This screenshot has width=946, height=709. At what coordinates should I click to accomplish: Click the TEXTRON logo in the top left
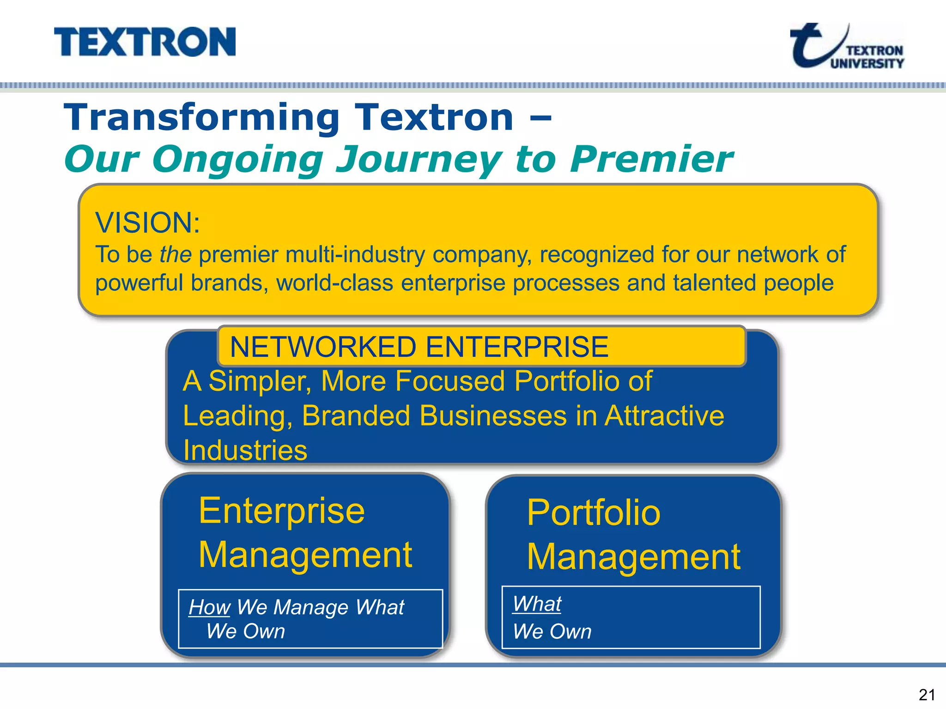click(x=145, y=42)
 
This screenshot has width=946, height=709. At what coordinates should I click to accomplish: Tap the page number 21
click(x=927, y=694)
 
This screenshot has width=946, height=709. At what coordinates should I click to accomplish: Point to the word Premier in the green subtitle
click(x=651, y=159)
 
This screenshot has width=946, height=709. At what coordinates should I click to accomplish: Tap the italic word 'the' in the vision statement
click(x=175, y=254)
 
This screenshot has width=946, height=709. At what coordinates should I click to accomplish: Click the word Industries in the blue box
click(x=245, y=450)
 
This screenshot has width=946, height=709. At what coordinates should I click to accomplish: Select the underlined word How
click(x=209, y=607)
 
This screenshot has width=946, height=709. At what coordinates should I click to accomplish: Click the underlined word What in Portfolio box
click(x=537, y=604)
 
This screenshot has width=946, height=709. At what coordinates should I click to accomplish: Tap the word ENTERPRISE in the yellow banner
click(x=517, y=347)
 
